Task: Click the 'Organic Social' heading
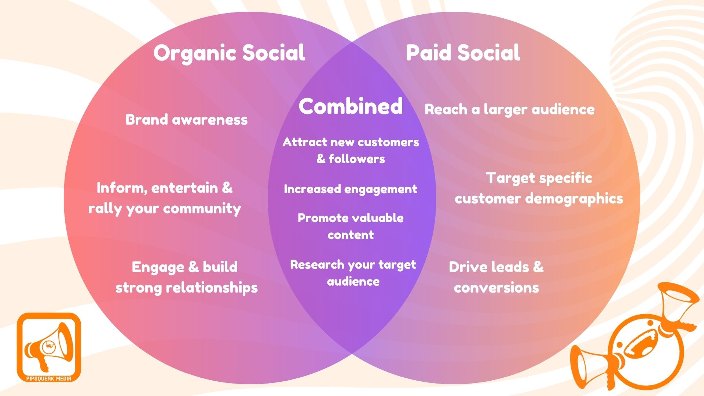click(x=229, y=53)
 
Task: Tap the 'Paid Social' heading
click(x=463, y=53)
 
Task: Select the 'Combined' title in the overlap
click(x=351, y=106)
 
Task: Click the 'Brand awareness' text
click(x=186, y=120)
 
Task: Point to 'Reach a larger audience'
click(x=509, y=109)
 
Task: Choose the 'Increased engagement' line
click(x=351, y=189)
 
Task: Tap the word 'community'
click(x=202, y=209)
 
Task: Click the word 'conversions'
click(x=496, y=287)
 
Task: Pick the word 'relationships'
click(x=212, y=287)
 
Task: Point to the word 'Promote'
click(x=319, y=218)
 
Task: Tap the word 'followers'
click(x=356, y=159)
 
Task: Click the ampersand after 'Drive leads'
click(x=538, y=267)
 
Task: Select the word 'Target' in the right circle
click(x=510, y=178)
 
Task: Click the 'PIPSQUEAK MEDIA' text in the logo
click(x=49, y=378)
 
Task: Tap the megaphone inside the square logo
click(x=48, y=346)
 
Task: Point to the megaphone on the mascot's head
click(x=675, y=304)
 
